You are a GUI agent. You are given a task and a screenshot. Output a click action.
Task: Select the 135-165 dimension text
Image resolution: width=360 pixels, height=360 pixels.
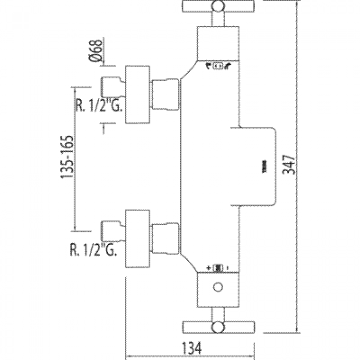[67, 158]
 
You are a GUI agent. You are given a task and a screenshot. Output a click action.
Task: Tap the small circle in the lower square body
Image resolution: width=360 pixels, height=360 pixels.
[218, 288]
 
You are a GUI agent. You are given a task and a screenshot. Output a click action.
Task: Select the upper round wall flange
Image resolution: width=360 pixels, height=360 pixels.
[138, 94]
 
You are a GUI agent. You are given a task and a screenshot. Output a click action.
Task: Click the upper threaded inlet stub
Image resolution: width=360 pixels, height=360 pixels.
[112, 86]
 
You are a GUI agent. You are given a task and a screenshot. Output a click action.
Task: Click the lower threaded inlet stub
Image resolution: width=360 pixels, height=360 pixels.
[112, 230]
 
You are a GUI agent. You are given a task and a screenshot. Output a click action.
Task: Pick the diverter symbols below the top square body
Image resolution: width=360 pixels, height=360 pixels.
[218, 66]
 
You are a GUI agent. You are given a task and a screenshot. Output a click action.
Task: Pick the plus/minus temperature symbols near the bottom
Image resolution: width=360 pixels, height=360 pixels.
[218, 268]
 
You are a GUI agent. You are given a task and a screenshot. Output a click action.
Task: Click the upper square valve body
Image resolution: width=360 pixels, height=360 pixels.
[218, 43]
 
